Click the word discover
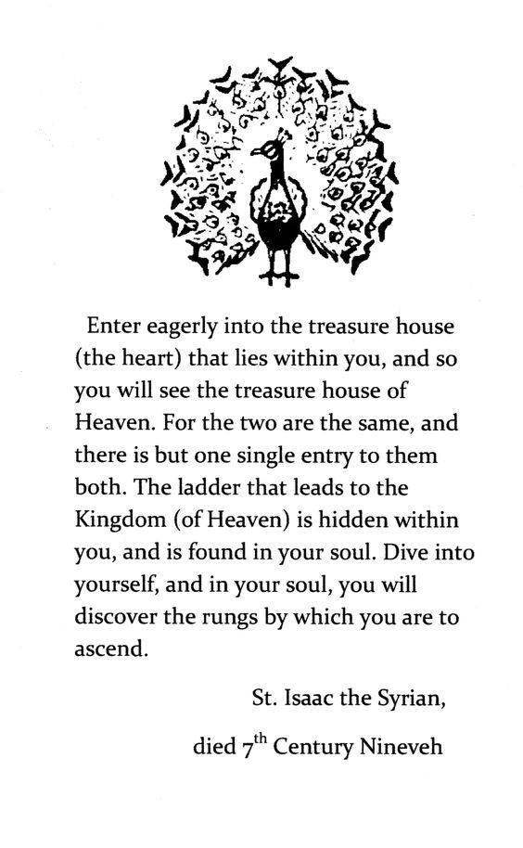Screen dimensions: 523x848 (x=112, y=617)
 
